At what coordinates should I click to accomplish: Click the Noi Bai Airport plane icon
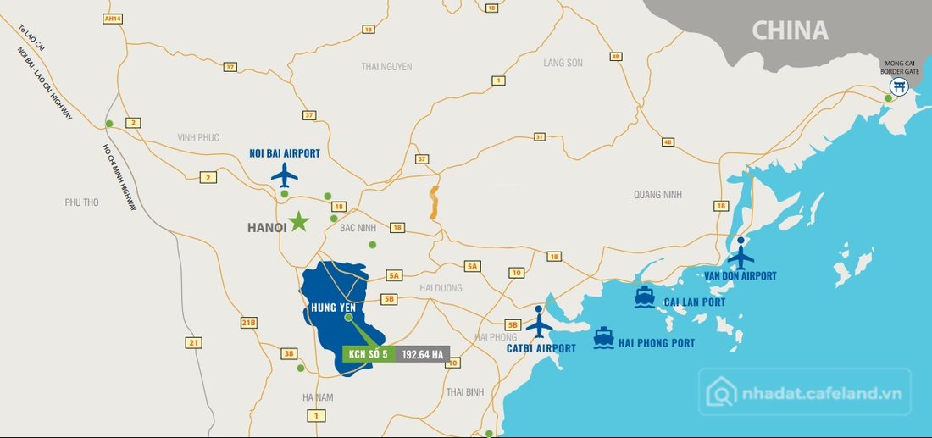click(x=285, y=175)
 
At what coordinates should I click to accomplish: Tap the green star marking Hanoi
click(x=298, y=222)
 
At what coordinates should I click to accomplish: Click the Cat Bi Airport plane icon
click(x=539, y=324)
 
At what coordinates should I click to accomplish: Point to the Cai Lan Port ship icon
click(x=643, y=297)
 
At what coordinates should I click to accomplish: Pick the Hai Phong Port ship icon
click(x=603, y=337)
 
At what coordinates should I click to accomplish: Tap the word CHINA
click(x=790, y=31)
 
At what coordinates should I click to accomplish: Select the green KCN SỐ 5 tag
click(x=368, y=355)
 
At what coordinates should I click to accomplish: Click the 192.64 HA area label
click(x=423, y=355)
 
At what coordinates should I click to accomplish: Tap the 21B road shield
click(x=248, y=323)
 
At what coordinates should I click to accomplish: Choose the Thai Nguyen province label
click(x=386, y=66)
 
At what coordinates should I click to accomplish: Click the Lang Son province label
click(x=563, y=63)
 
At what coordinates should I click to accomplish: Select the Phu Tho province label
click(x=82, y=202)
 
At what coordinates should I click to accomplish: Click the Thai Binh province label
click(x=464, y=391)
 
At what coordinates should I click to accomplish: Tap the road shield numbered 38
click(x=289, y=354)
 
